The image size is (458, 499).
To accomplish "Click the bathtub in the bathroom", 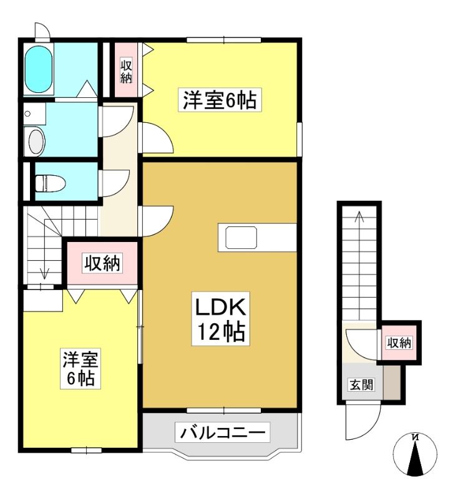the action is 39,69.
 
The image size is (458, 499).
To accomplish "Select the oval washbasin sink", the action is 37,142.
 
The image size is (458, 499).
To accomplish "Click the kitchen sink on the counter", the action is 241,238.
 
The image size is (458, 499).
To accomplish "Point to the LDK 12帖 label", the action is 220,319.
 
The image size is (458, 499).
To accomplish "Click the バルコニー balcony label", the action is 223,432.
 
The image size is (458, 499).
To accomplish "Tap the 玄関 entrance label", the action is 361,385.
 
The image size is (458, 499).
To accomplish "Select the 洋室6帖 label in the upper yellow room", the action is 220,100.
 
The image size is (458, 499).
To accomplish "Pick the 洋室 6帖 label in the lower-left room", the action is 80,368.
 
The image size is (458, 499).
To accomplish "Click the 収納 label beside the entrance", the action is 399,342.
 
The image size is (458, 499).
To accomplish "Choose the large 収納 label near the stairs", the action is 102,263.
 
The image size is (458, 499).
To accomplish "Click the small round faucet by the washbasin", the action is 27,114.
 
